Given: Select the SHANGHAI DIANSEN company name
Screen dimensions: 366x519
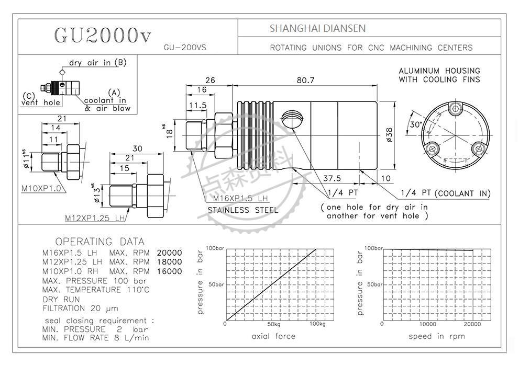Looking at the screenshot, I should tap(317, 28).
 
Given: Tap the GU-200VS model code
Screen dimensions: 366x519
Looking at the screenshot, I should tap(185, 47).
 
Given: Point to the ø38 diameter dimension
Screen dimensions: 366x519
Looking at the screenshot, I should tap(389, 134).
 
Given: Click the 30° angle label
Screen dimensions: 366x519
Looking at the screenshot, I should tap(417, 124).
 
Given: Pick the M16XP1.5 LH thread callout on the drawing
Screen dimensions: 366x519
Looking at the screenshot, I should tap(240, 199).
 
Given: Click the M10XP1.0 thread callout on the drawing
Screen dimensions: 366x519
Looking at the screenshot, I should tap(41, 187).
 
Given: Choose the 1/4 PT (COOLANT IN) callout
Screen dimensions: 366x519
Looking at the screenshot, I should tap(446, 193).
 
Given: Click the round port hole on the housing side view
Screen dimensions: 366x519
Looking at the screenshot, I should tap(292, 120).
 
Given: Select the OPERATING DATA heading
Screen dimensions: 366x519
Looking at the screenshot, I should tap(100, 242).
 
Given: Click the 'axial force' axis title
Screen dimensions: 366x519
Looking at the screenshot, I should tap(273, 336).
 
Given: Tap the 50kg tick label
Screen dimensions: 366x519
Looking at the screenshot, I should tap(270, 324).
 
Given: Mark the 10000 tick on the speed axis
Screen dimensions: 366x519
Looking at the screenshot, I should tap(428, 324).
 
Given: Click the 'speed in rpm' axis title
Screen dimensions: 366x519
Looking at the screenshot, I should tap(436, 336).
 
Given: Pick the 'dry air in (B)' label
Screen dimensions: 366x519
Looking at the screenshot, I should tap(98, 63).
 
